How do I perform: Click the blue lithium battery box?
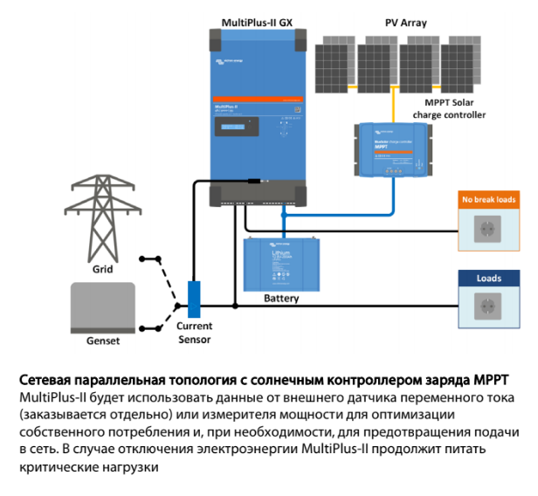pyautogui.click(x=280, y=262)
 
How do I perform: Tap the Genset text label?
pyautogui.click(x=103, y=341)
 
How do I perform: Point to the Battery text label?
pyautogui.click(x=281, y=299)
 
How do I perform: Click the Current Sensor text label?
pyautogui.click(x=194, y=333)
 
